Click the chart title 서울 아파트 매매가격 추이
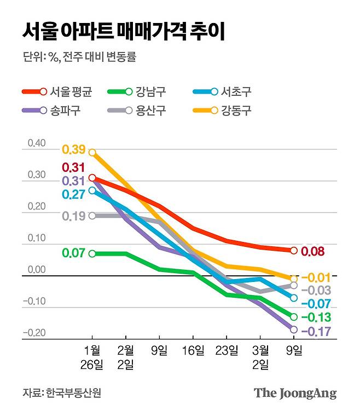click(x=124, y=31)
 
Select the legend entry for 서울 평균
click(x=57, y=92)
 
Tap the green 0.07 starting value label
click(x=73, y=253)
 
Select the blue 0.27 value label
click(x=73, y=194)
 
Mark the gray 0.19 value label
click(x=73, y=216)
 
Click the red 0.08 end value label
click(x=313, y=252)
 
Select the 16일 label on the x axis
click(x=193, y=350)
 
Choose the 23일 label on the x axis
click(x=227, y=350)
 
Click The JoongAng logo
click(x=295, y=393)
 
